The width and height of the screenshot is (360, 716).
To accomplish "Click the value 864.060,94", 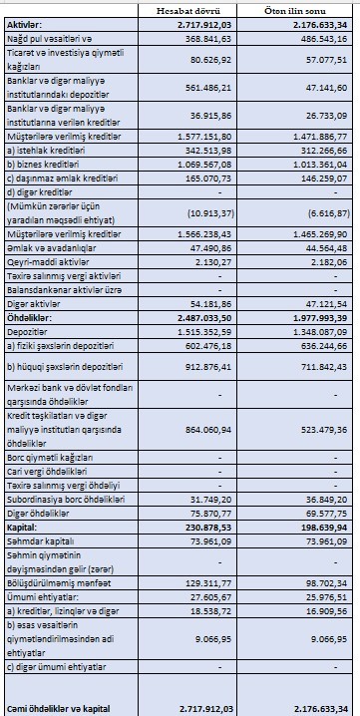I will click(x=205, y=428).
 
